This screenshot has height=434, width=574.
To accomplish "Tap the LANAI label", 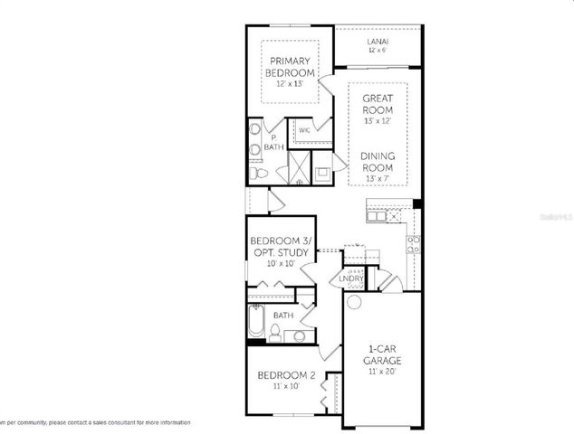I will point(378,42).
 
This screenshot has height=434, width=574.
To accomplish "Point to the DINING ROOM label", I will point(378,161).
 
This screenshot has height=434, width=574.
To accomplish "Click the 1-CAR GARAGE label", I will point(383,354).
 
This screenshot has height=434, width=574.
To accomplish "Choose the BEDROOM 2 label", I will point(285,375).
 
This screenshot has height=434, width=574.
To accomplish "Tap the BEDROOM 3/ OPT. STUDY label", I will point(282,246).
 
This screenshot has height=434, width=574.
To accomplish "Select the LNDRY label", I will point(351,279).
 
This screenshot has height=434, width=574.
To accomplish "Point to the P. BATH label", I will point(272,142).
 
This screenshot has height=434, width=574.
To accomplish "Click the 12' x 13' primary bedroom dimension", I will point(290,83).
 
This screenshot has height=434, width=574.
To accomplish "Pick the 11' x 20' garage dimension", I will point(383,371).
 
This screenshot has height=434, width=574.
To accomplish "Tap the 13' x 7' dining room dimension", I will point(378,179).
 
